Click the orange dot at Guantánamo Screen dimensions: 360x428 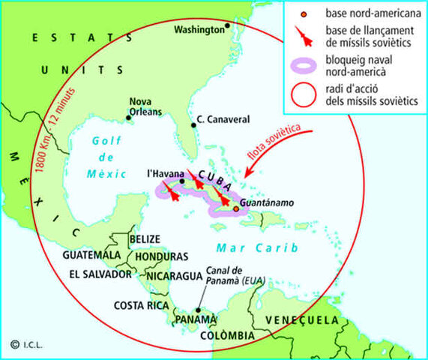pyautogui.click(x=236, y=208)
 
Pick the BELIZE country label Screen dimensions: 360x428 pyautogui.click(x=145, y=238)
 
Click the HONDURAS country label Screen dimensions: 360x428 pyautogui.click(x=162, y=256)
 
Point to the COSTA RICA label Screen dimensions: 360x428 pyautogui.click(x=139, y=305)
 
